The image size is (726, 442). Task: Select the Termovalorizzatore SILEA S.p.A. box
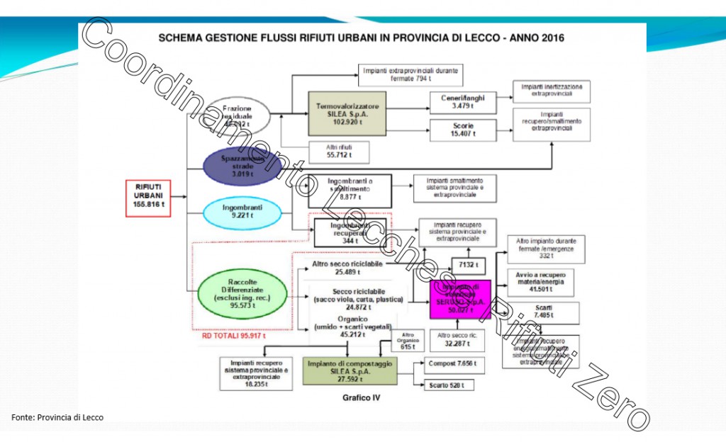[x=347, y=111]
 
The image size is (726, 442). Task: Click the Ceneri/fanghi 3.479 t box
[x=463, y=101]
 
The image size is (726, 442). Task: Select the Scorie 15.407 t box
[x=463, y=130]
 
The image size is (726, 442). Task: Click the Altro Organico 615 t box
[x=407, y=341]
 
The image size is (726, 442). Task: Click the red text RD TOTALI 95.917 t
[x=234, y=336]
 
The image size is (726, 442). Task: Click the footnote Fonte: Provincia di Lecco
[x=57, y=417]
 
